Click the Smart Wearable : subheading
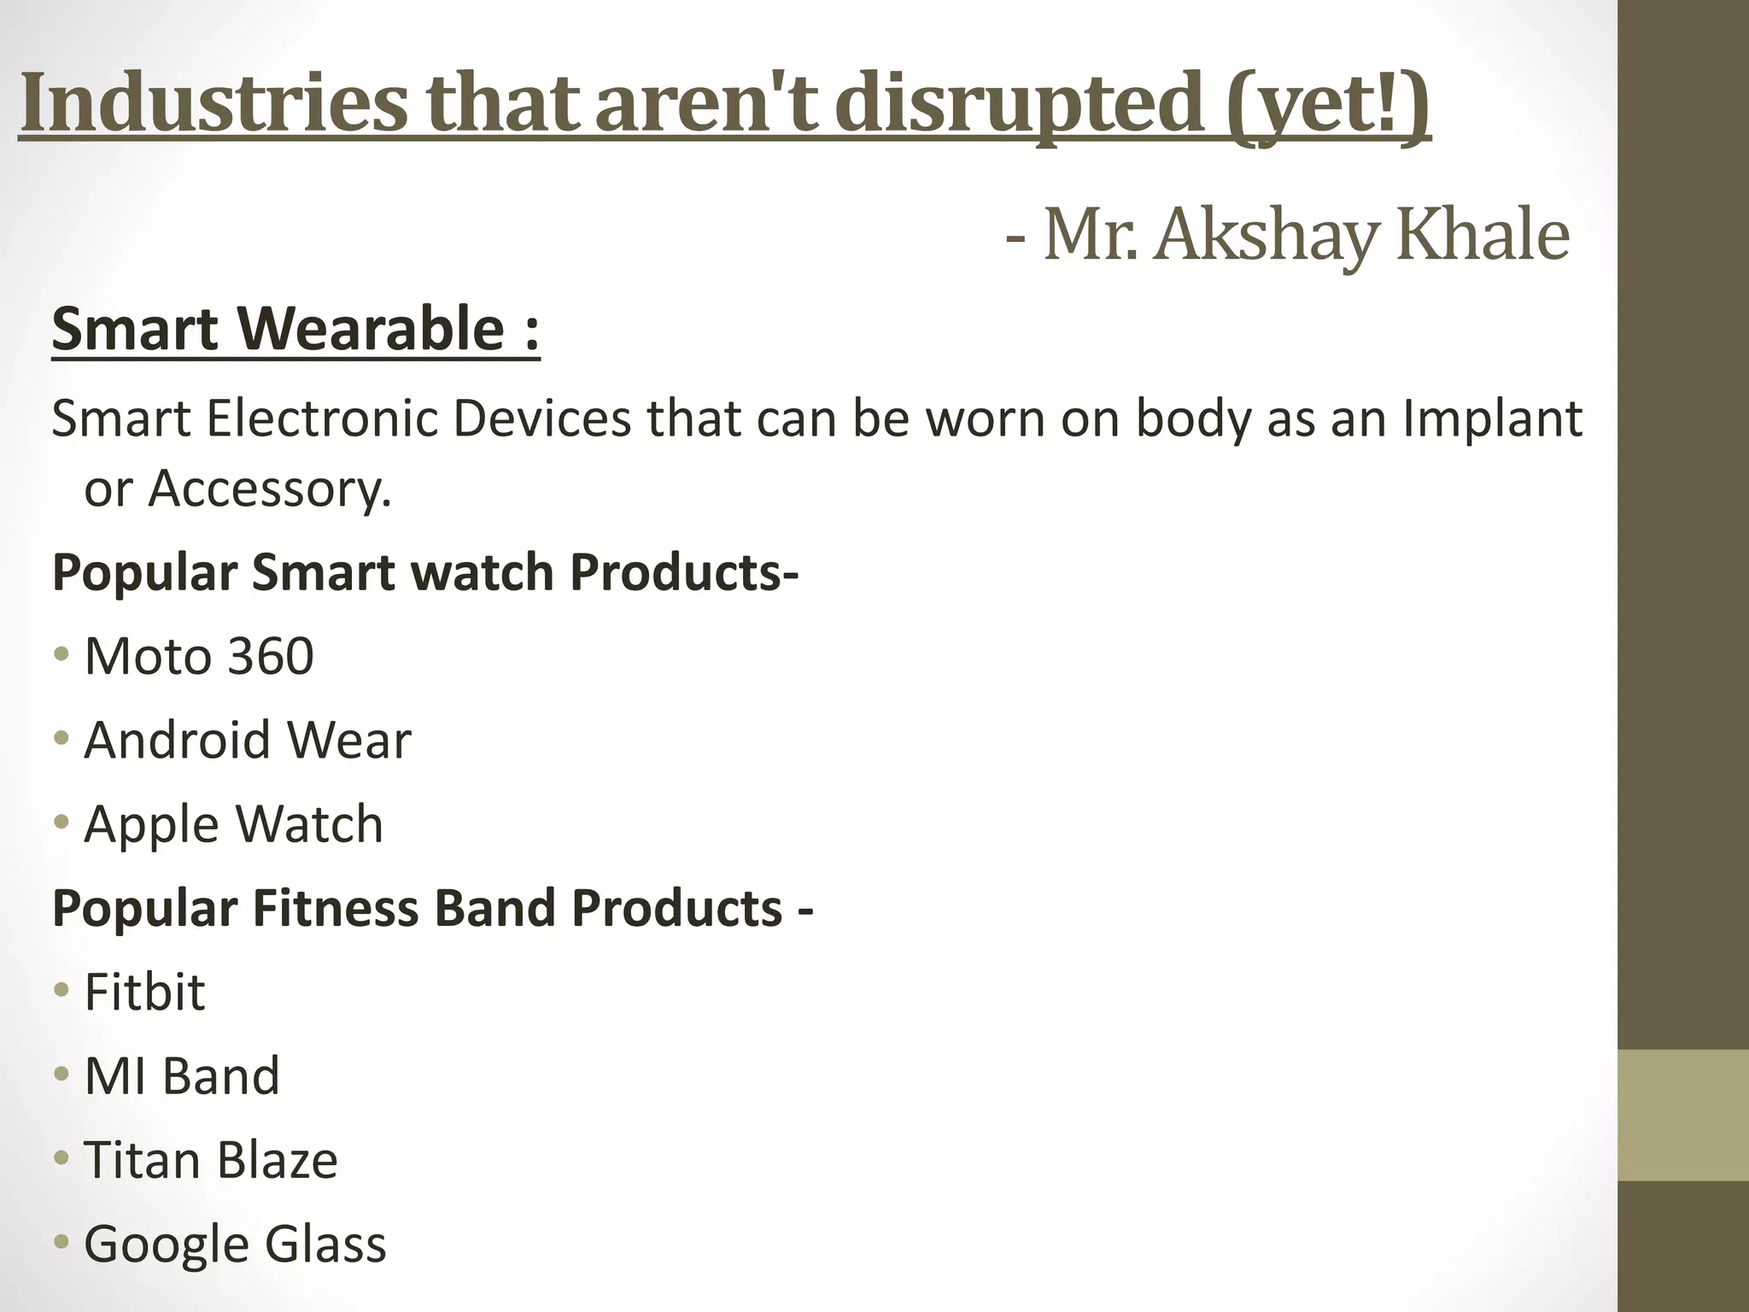(x=295, y=329)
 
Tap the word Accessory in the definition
(x=269, y=489)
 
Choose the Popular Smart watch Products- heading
(x=425, y=571)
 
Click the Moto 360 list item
(x=199, y=656)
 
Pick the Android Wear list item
(x=248, y=740)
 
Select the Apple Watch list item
(x=233, y=823)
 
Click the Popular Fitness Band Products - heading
(x=432, y=907)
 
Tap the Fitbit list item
(x=144, y=992)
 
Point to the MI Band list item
(x=182, y=1075)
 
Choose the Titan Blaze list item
(x=211, y=1159)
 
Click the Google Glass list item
(x=235, y=1243)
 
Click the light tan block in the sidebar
(x=1682, y=1116)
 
